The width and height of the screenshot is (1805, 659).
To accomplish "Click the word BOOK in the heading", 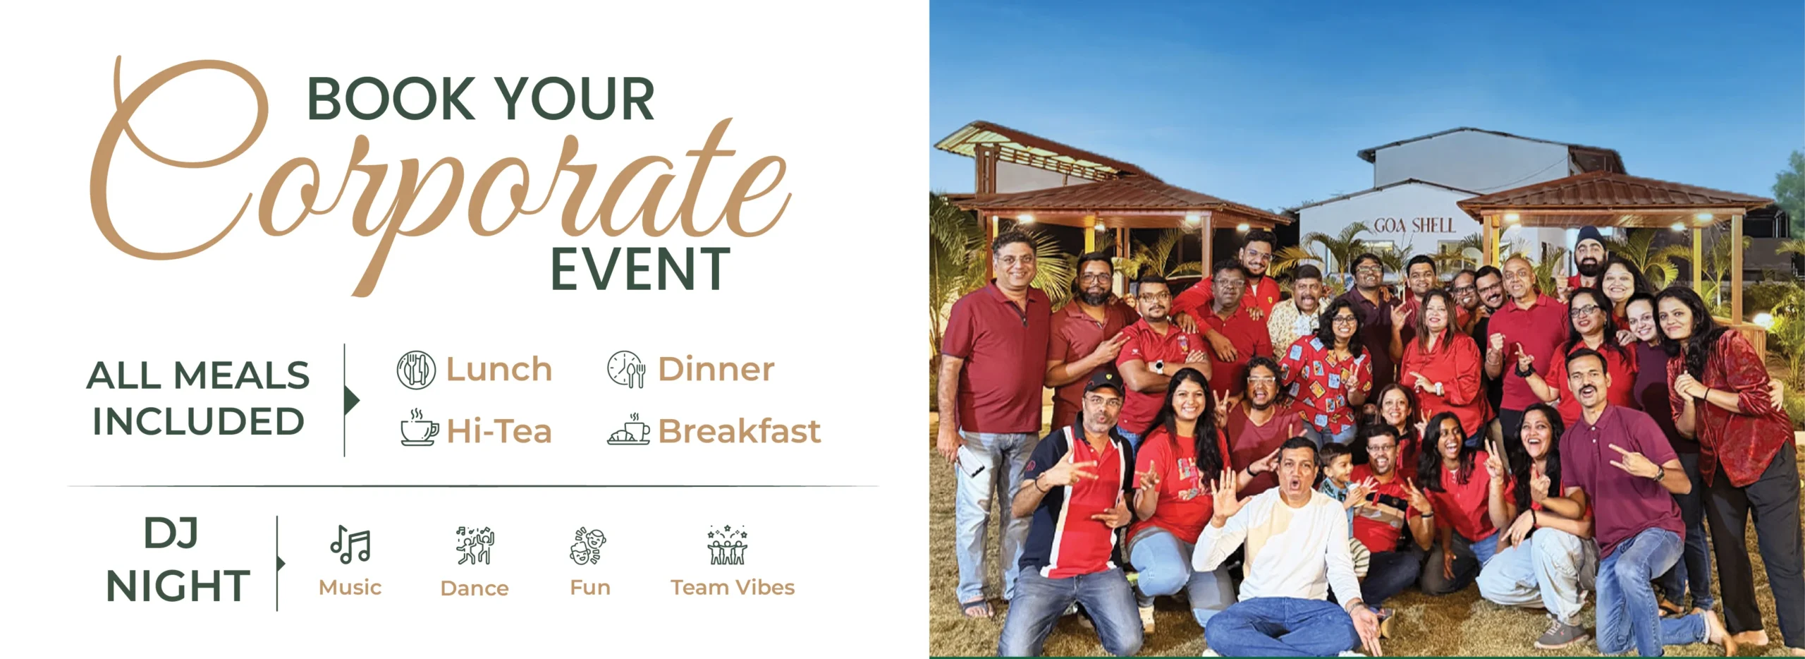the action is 392,99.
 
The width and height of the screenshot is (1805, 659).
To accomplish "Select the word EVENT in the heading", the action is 640,269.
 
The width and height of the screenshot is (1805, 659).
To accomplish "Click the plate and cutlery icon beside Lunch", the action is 416,370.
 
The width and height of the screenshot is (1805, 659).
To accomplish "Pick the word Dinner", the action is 716,369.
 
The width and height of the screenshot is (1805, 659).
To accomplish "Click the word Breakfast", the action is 739,431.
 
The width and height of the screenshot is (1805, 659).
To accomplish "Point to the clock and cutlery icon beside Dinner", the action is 626,369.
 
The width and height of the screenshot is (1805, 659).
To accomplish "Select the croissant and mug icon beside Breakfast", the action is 629,428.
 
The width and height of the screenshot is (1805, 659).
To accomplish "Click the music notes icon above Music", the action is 350,545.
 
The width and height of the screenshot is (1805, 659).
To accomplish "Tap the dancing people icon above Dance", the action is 475,545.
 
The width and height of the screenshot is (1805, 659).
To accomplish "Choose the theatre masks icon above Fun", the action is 588,545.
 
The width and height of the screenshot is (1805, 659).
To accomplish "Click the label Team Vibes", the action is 733,588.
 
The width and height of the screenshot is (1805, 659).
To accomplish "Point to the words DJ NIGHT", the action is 177,560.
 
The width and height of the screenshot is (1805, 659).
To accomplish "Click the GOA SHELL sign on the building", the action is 1414,225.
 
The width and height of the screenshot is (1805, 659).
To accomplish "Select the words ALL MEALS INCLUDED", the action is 198,399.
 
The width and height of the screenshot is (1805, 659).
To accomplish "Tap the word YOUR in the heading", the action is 574,99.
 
